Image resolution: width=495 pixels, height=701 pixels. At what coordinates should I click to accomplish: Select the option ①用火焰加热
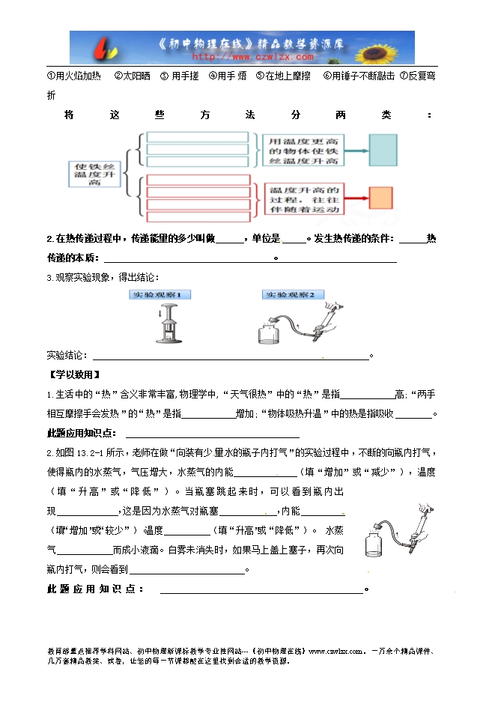[74, 76]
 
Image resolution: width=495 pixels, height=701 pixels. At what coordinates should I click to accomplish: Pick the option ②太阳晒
[132, 76]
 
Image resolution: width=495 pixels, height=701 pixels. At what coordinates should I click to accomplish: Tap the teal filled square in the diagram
[384, 150]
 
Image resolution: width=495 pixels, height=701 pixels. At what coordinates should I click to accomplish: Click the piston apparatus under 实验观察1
[170, 324]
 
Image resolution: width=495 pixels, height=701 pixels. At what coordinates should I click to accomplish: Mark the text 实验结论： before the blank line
[67, 355]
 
